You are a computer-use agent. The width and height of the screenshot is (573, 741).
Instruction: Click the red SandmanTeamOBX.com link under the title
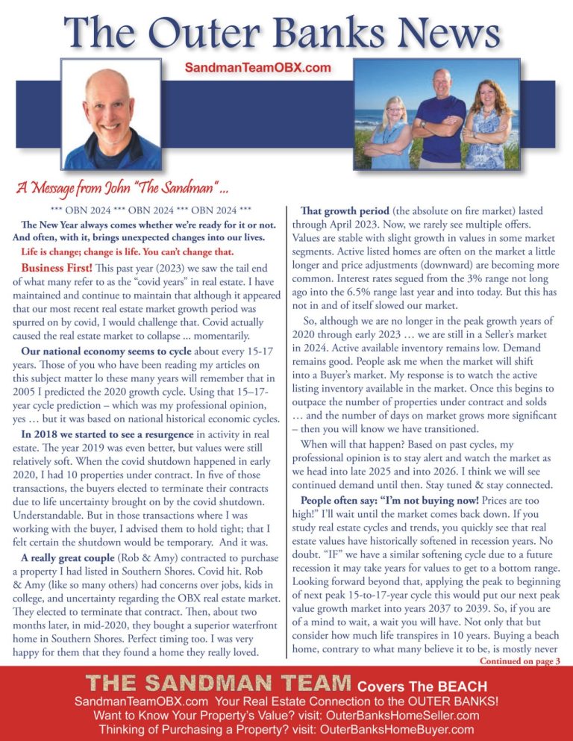click(257, 67)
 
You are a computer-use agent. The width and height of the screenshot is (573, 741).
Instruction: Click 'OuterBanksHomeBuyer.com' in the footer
click(397, 729)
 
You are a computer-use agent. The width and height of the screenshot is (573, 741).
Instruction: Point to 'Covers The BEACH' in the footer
click(421, 687)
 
